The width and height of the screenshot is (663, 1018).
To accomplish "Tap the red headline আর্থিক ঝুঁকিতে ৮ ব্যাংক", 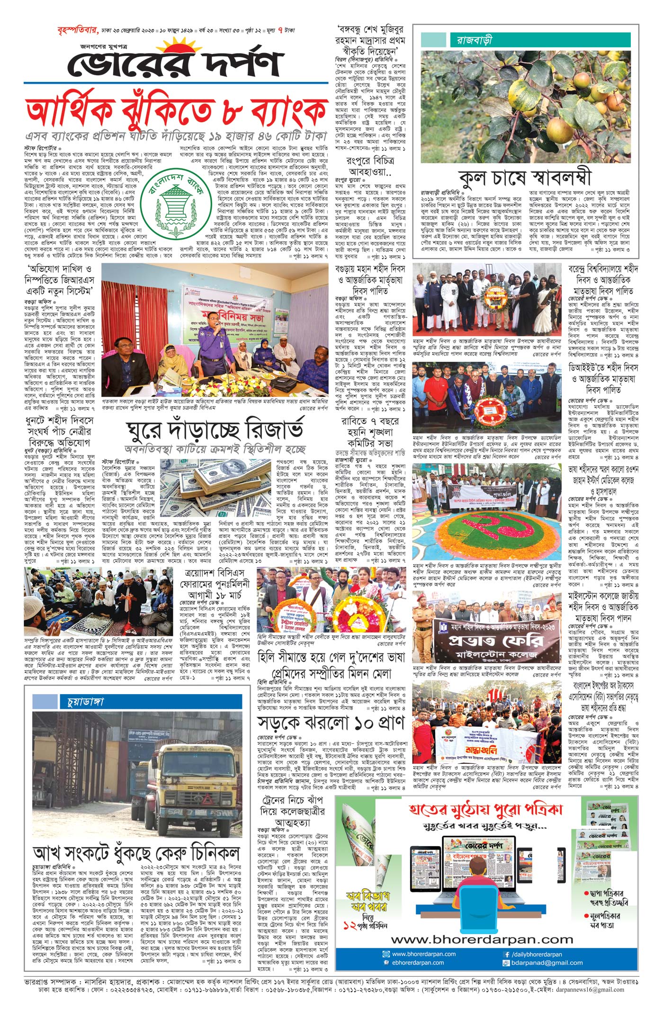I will click(176, 113).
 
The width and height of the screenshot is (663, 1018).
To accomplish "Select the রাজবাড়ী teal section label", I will click(474, 40).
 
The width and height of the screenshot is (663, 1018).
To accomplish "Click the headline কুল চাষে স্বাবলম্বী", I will click(525, 177).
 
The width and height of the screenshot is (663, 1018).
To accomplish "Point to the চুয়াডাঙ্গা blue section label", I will click(82, 701).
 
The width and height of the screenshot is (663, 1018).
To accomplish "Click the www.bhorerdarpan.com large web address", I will click(482, 939).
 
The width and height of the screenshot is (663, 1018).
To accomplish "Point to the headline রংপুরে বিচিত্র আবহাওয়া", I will click(371, 166).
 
